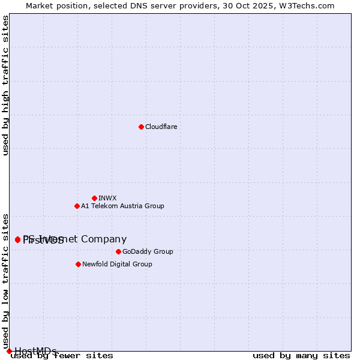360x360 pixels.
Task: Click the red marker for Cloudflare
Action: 141,127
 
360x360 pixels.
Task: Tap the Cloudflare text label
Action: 161,127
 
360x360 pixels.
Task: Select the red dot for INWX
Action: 94,198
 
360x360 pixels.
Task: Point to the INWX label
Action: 107,198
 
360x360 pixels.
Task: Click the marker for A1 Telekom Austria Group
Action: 77,206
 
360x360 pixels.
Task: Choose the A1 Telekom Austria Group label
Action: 122,206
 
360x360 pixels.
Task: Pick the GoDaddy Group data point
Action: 118,251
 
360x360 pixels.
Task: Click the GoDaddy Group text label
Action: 147,251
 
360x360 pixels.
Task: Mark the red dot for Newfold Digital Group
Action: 78,264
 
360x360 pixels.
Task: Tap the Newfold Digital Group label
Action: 117,264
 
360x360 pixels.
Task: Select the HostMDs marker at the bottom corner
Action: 9,351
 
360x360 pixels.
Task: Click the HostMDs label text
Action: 35,351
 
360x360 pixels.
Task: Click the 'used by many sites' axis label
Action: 301,356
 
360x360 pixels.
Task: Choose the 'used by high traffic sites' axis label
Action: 6,85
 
